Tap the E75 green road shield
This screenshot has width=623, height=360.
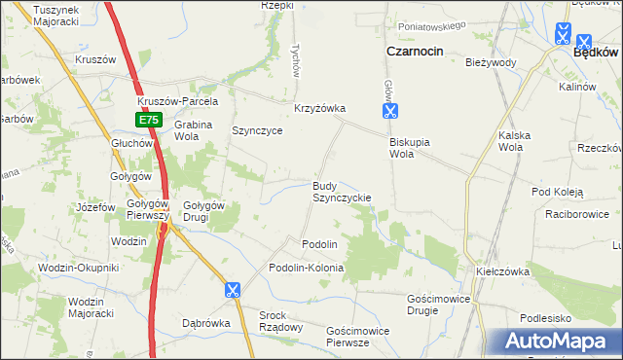pyautogui.click(x=147, y=120)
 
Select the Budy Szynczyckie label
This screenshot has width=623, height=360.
pyautogui.click(x=340, y=191)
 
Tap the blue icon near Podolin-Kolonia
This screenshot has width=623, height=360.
pyautogui.click(x=232, y=289)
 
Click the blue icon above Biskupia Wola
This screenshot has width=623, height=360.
pyautogui.click(x=389, y=111)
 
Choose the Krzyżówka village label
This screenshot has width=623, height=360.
pyautogui.click(x=320, y=108)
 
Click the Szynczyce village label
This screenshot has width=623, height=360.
pyautogui.click(x=257, y=130)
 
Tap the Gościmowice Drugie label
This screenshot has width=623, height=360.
pyautogui.click(x=438, y=305)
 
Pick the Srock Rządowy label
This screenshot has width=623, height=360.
pyautogui.click(x=280, y=321)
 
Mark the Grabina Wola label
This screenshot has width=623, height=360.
pyautogui.click(x=194, y=130)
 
